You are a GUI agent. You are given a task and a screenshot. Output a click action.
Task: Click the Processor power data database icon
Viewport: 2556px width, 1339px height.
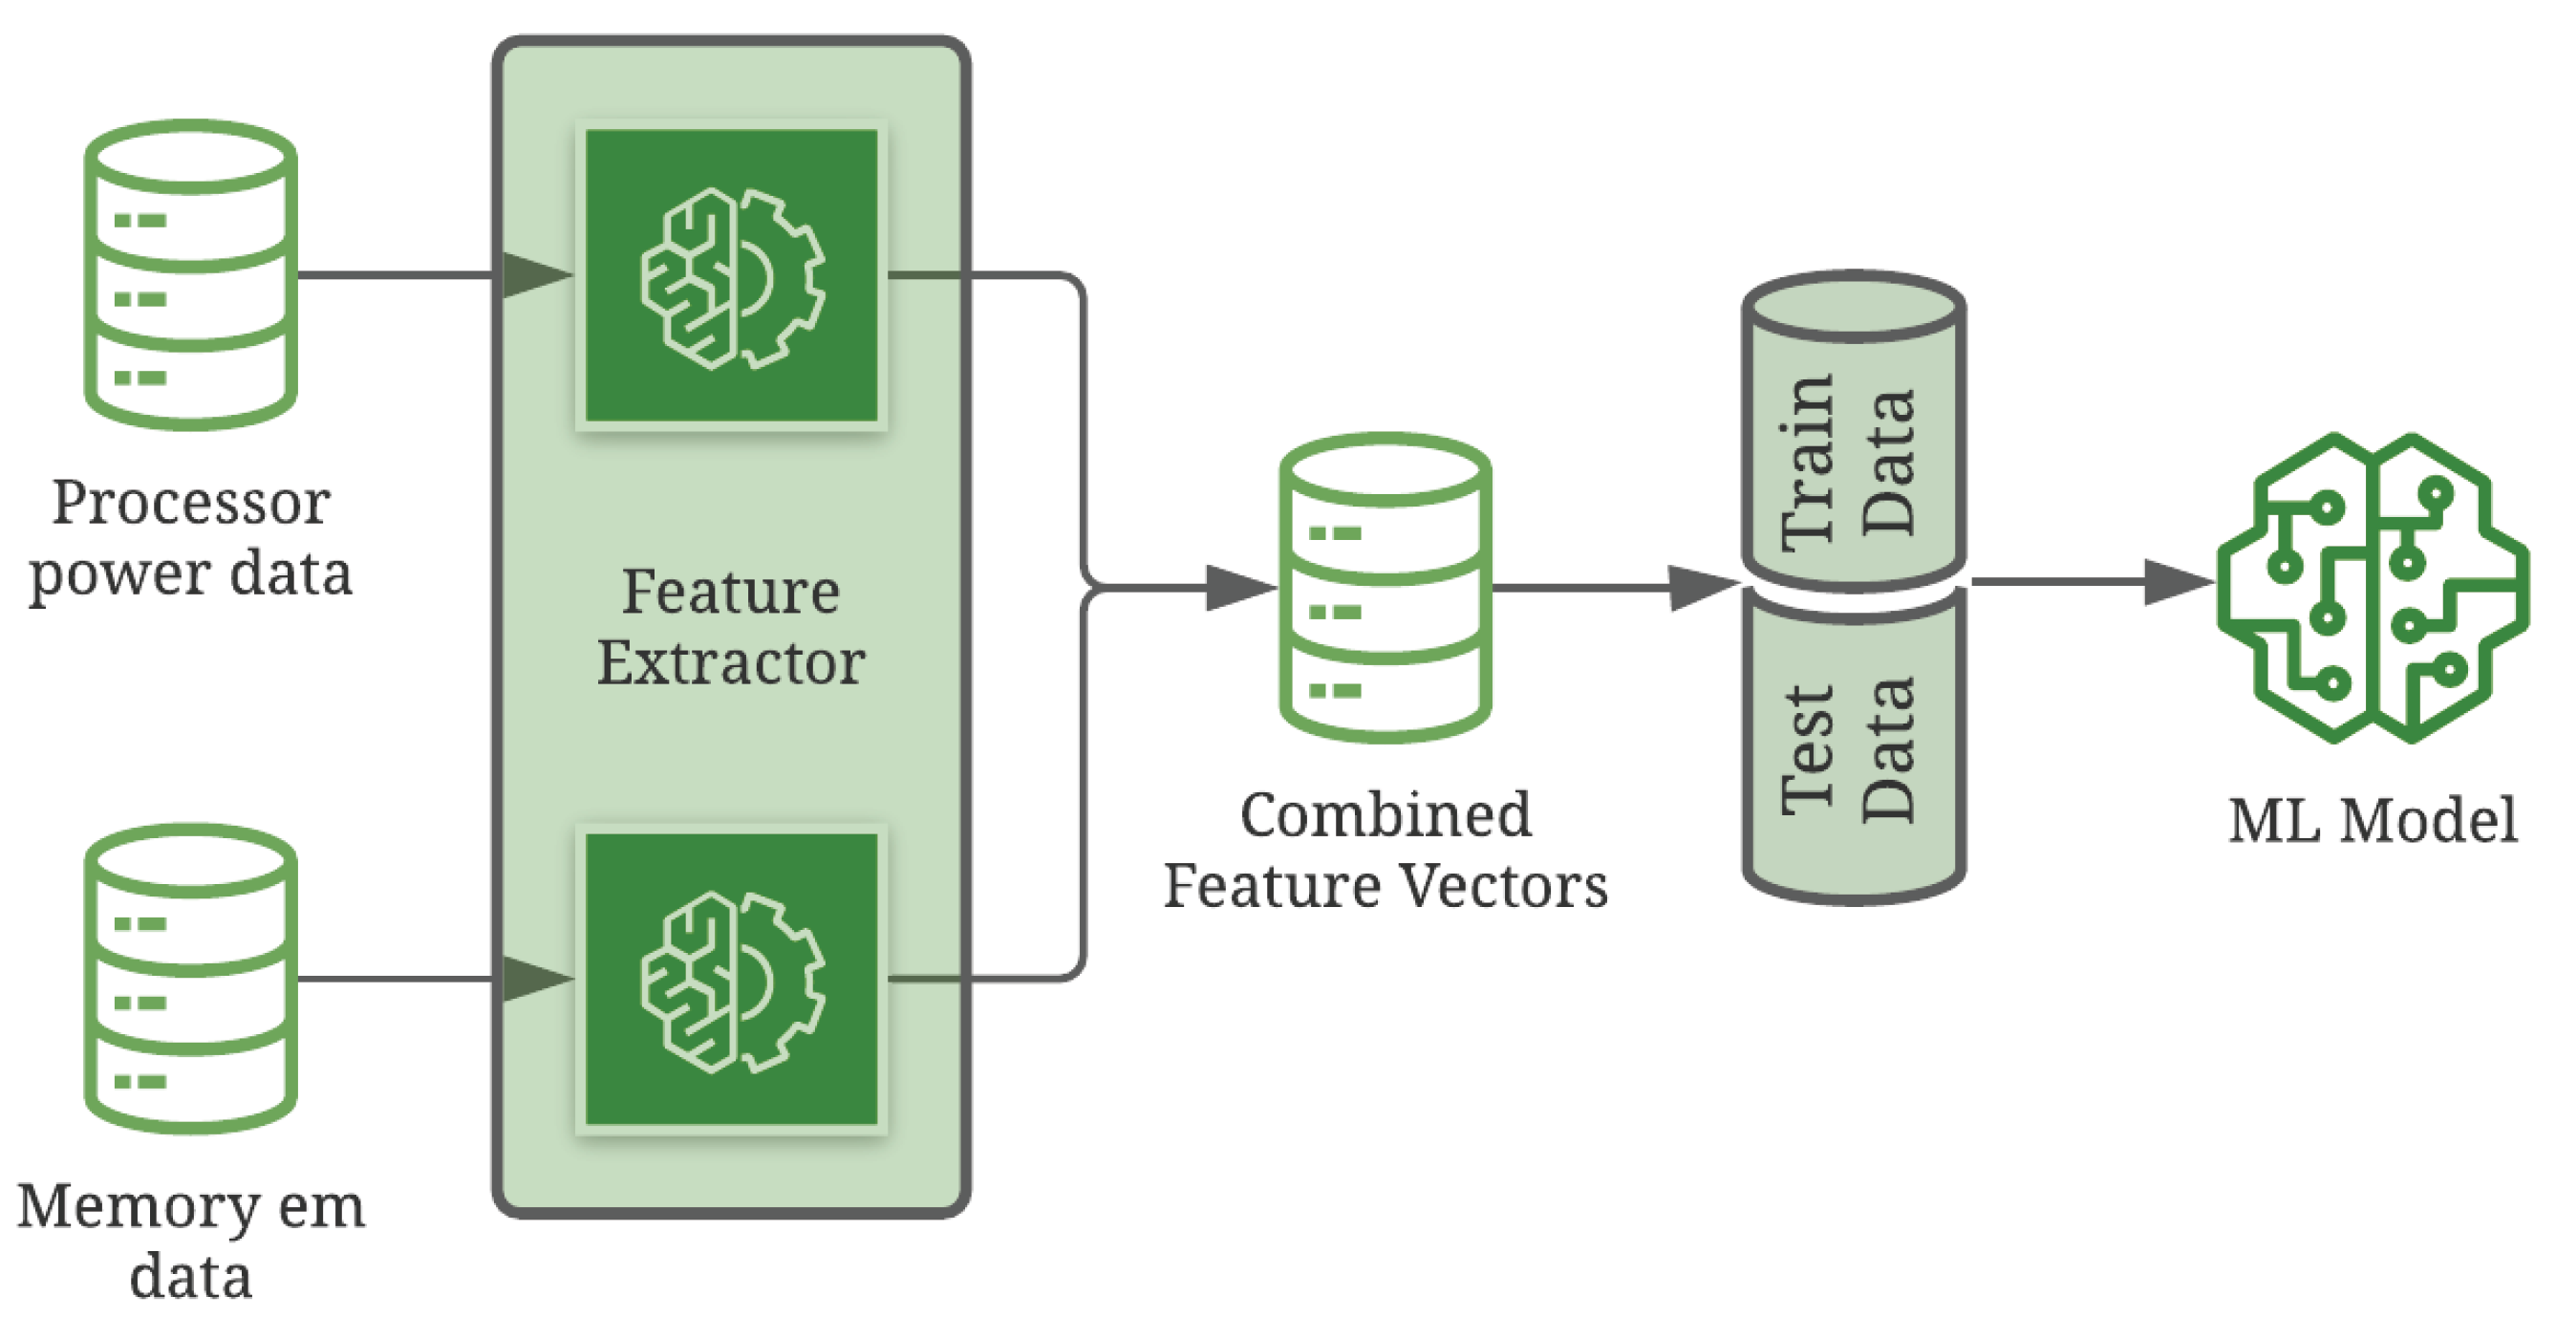[190, 275]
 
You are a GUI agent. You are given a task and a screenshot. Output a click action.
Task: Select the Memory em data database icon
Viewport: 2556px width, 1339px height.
[190, 979]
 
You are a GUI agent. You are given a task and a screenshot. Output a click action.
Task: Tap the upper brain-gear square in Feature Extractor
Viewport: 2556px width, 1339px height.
[731, 276]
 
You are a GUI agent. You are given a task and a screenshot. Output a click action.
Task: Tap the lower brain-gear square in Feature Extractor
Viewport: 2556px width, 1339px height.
[731, 979]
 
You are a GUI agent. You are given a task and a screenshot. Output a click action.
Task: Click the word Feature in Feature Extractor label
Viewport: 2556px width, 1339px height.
[730, 593]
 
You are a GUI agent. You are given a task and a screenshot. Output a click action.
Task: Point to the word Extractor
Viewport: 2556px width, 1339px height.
[730, 663]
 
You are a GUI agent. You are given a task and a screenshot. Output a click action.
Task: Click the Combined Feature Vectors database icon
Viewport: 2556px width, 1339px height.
[1385, 588]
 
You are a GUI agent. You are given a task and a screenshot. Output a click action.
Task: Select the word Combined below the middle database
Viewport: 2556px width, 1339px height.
[1385, 816]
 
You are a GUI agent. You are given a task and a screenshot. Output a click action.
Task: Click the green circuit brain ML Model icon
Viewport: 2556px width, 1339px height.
[2373, 588]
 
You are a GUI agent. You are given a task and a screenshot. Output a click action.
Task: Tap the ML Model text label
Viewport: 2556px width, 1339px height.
[2373, 821]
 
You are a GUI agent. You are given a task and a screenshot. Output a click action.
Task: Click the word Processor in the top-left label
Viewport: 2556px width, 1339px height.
[190, 504]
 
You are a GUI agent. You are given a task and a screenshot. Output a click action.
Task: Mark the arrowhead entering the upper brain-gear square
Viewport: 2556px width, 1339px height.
[536, 275]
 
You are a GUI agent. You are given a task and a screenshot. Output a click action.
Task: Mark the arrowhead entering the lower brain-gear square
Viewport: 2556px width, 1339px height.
[536, 979]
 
